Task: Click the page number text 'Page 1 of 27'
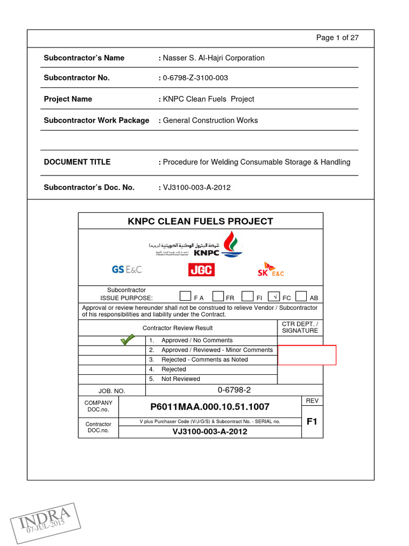(337, 37)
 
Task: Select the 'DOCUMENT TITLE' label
(77, 162)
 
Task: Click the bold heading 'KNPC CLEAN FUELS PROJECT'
(200, 221)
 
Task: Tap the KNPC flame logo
(231, 244)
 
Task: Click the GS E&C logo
(127, 270)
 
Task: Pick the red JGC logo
(201, 270)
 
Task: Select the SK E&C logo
(271, 270)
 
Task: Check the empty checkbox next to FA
(185, 296)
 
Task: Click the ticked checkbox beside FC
(274, 296)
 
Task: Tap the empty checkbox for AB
(301, 296)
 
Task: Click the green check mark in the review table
(127, 340)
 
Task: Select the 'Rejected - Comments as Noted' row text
(204, 360)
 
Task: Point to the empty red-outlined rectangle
(307, 355)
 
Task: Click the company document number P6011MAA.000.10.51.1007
(210, 407)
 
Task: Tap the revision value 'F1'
(312, 421)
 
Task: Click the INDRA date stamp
(45, 523)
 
